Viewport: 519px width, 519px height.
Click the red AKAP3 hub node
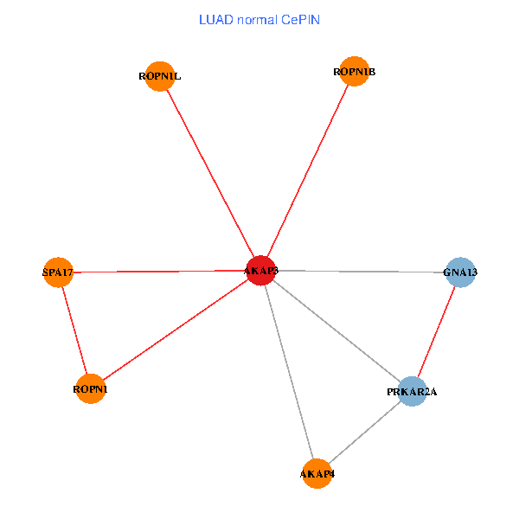(261, 271)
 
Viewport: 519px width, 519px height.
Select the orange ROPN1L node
(160, 76)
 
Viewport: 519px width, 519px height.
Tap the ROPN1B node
(354, 72)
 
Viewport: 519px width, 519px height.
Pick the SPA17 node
(58, 273)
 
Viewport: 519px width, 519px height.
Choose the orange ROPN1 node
(91, 389)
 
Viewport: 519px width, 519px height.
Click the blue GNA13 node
(460, 272)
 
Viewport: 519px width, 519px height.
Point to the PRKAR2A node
(413, 392)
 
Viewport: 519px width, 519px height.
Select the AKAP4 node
(317, 474)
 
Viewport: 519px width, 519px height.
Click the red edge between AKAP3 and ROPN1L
(210, 173)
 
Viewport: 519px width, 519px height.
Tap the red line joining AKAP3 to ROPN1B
(307, 171)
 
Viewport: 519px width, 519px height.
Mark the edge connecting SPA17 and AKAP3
(160, 272)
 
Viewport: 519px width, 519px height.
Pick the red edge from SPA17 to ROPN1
(74, 331)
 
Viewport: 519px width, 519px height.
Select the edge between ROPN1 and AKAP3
(176, 330)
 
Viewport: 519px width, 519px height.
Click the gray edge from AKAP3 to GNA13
(361, 272)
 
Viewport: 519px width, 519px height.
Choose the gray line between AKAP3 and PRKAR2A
(337, 331)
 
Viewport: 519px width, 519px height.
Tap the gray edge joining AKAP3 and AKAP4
(290, 373)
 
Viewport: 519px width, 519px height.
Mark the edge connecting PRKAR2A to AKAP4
(365, 432)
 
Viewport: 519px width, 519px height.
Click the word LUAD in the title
(215, 19)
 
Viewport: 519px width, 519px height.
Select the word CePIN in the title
(300, 19)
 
